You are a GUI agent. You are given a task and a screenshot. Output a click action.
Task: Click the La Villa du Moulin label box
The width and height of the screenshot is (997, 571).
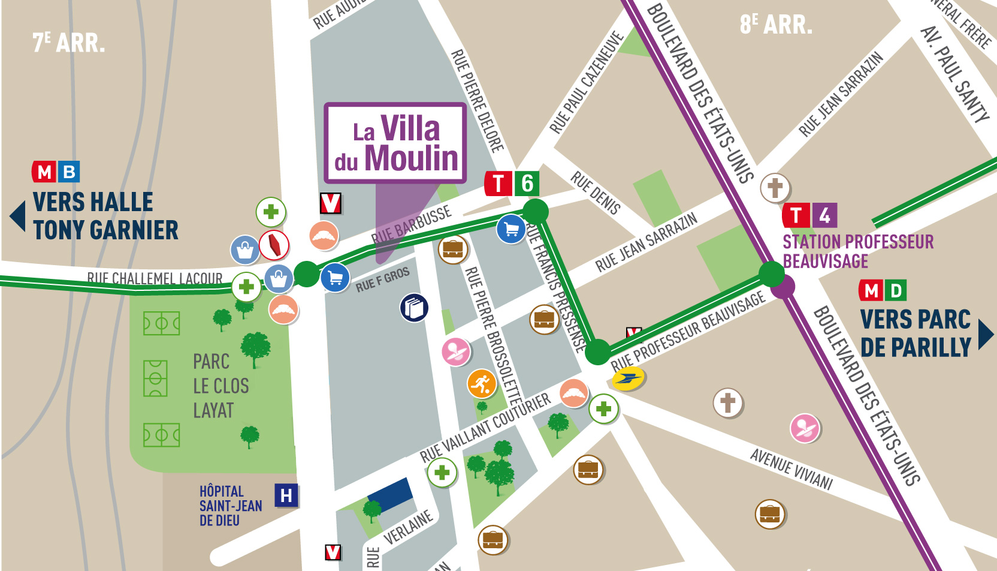(x=395, y=143)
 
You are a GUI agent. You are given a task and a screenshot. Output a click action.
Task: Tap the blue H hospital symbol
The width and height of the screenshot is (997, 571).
(x=286, y=495)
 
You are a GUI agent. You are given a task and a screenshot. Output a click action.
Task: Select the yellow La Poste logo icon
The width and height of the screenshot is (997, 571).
(x=627, y=378)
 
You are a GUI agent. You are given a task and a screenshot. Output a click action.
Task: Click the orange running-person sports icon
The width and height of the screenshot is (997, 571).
(x=482, y=384)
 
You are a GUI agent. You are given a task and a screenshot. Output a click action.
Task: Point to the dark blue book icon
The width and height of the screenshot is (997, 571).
(x=414, y=308)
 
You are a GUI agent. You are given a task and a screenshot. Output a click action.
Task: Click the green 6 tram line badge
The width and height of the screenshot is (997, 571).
(x=527, y=184)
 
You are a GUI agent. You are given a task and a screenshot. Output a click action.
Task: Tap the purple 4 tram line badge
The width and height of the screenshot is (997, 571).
(x=825, y=215)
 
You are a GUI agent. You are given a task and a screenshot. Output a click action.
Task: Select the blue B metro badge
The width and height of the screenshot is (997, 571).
(x=70, y=172)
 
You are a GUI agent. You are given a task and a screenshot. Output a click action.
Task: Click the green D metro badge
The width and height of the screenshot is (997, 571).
(x=896, y=291)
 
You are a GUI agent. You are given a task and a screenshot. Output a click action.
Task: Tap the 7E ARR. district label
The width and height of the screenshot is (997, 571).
(x=68, y=43)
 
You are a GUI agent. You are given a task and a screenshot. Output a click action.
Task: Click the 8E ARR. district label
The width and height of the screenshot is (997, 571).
(x=776, y=25)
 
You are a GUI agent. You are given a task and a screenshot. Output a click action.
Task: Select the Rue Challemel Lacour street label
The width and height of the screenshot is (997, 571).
(x=155, y=278)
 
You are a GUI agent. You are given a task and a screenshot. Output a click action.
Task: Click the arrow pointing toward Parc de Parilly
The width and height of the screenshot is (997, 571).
(x=986, y=334)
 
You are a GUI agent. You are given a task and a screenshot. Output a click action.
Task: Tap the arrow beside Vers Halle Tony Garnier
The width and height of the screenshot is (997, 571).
(x=18, y=216)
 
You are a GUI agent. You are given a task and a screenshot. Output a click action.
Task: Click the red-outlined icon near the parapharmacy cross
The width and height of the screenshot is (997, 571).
(x=274, y=245)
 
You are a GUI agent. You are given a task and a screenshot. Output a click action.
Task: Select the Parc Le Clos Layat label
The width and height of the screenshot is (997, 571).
(x=220, y=386)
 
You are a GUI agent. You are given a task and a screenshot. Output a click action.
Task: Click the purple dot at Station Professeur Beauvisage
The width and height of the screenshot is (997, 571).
(x=783, y=286)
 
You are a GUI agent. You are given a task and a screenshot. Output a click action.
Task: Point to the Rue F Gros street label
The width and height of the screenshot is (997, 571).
(x=382, y=280)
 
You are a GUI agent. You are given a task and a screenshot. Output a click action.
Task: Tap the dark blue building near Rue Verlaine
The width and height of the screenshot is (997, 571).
(x=391, y=495)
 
